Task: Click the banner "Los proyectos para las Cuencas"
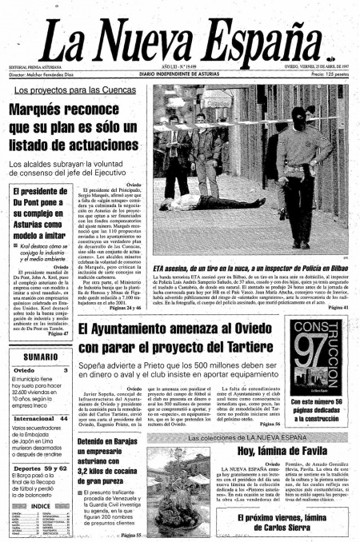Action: tap(85, 91)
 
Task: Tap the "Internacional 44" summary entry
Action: tap(40, 417)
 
